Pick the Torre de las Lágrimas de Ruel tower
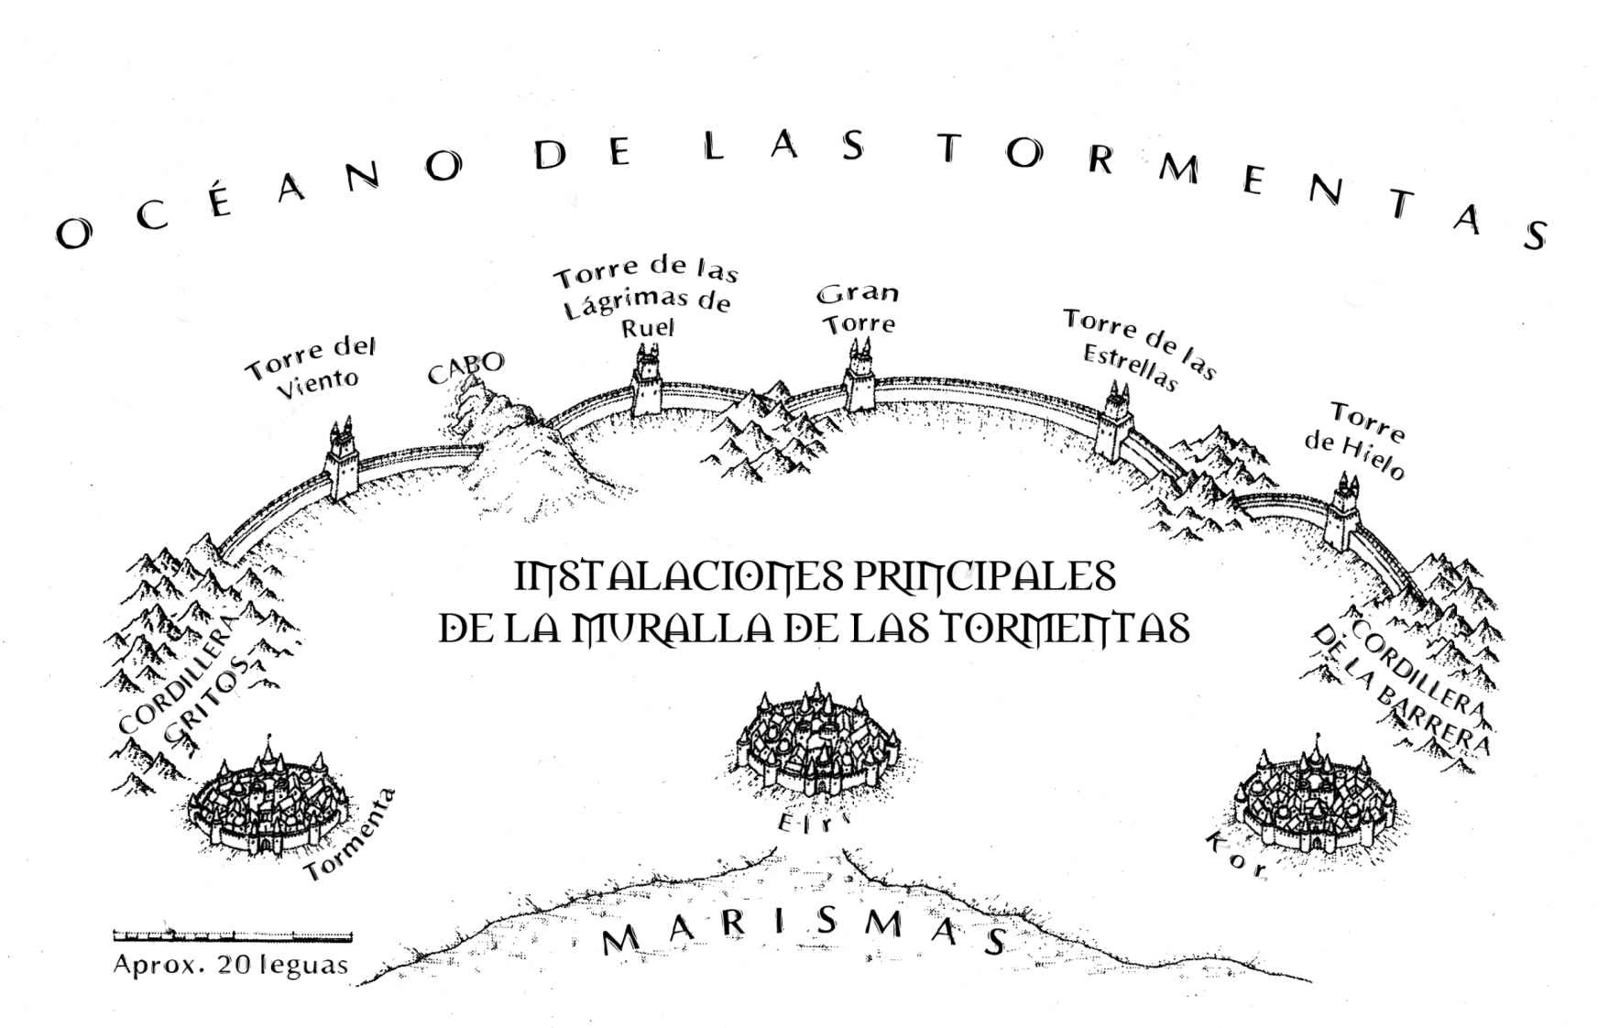[x=648, y=382]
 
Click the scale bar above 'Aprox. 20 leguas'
[x=232, y=935]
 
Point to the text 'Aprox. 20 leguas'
[x=231, y=965]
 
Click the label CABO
[x=465, y=368]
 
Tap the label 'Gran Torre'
[x=859, y=309]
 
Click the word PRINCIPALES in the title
[x=984, y=578]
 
